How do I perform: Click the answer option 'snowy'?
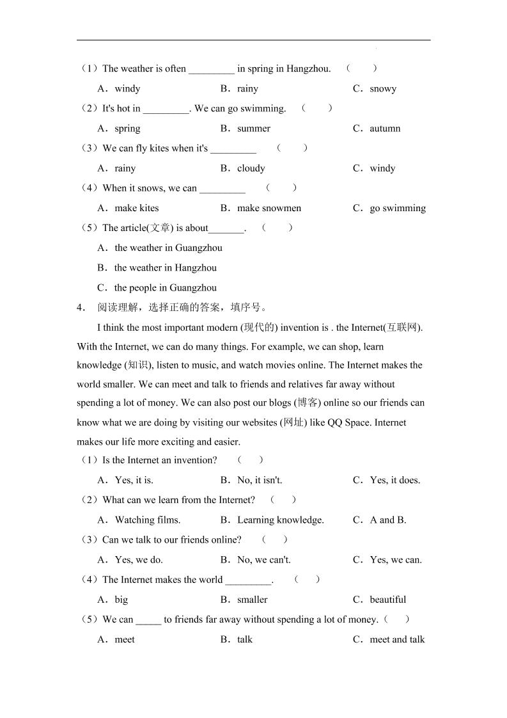point(382,89)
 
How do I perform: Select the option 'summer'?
point(253,129)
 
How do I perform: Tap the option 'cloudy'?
point(251,168)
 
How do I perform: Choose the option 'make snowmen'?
point(269,208)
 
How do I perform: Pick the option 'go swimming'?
point(397,208)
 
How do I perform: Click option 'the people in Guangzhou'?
point(165,287)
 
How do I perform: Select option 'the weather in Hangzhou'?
point(165,267)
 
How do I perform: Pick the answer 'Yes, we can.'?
point(395,560)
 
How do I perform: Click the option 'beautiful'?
point(387,600)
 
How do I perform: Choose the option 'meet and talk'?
point(396,639)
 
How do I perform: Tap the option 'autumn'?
point(384,129)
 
